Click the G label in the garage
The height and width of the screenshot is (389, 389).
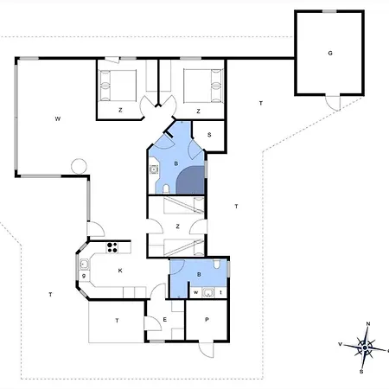click(x=330, y=53)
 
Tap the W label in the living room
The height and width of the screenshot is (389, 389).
click(x=58, y=118)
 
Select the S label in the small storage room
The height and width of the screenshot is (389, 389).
click(x=209, y=135)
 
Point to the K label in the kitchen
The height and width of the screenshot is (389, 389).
click(x=120, y=271)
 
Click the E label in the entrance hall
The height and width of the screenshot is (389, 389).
click(x=165, y=320)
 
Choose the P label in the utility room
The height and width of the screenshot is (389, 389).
click(x=207, y=320)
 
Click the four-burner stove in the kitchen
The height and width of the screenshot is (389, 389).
click(x=112, y=247)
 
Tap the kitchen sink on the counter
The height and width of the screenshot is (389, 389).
click(x=84, y=264)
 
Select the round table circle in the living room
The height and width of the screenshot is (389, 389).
click(x=79, y=166)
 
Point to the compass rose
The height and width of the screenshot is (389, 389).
click(x=365, y=348)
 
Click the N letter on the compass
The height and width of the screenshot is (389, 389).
click(x=368, y=324)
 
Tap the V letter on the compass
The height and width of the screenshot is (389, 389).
click(x=340, y=344)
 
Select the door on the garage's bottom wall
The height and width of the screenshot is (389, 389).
click(x=333, y=103)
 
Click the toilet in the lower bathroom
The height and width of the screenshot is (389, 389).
click(x=217, y=264)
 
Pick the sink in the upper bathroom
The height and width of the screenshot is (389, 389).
click(x=154, y=169)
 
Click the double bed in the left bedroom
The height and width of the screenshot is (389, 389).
click(x=118, y=86)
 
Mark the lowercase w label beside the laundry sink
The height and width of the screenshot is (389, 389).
click(x=196, y=292)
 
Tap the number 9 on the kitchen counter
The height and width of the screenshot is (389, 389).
click(x=84, y=276)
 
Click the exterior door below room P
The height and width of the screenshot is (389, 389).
click(x=207, y=349)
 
